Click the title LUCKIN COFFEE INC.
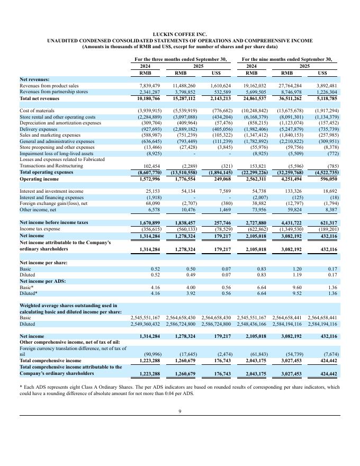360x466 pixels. pos(179,34)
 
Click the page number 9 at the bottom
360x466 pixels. pos(179,413)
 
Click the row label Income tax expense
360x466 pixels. pos(40,229)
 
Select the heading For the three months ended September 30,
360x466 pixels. pos(181,59)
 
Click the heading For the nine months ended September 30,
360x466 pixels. pos(287,59)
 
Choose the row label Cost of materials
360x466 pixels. pos(37,110)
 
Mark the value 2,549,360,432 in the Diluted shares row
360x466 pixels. pos(145,323)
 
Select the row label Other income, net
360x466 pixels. pos(38,210)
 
